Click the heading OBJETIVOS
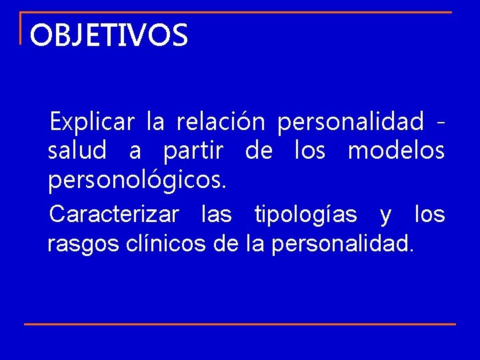coord(109,35)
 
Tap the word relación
coord(221,123)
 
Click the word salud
coord(77,151)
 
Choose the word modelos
coord(396,151)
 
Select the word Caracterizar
coord(114,215)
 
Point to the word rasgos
coord(83,244)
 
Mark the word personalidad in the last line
coord(342,244)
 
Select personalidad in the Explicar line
coord(350,123)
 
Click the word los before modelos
coord(310,151)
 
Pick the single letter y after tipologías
coord(385,216)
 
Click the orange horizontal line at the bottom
coord(240,324)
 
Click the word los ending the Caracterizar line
coord(429,215)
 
